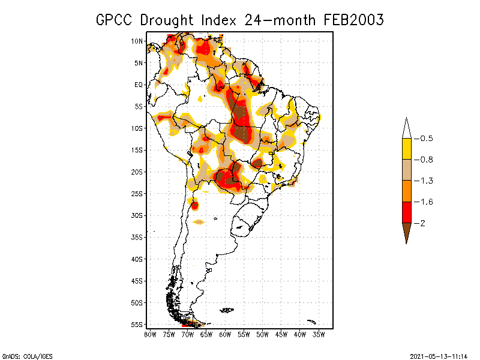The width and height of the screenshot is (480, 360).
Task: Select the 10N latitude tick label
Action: tap(137, 41)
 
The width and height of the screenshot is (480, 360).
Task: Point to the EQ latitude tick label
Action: tap(138, 85)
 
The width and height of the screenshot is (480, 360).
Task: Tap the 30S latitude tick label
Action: tap(137, 215)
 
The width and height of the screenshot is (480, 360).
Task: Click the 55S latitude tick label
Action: tap(137, 325)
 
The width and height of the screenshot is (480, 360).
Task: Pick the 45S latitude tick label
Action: tap(137, 281)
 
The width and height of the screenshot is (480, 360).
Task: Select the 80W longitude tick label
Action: tap(150, 334)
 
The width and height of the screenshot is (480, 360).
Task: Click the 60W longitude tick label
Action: tap(225, 334)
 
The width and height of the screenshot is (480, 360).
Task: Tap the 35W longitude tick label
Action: tap(319, 334)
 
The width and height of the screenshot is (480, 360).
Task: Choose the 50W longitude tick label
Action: tap(263, 334)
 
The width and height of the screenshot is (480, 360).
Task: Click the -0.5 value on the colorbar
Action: tap(426, 139)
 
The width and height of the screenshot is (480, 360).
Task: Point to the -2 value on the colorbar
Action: tap(422, 223)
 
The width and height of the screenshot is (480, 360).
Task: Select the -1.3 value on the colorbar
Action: tap(426, 181)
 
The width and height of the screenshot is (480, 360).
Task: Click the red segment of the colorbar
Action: tap(406, 212)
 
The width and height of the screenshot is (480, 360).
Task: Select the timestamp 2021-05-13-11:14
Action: tap(439, 356)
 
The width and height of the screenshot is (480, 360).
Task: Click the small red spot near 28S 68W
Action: tap(195, 205)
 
